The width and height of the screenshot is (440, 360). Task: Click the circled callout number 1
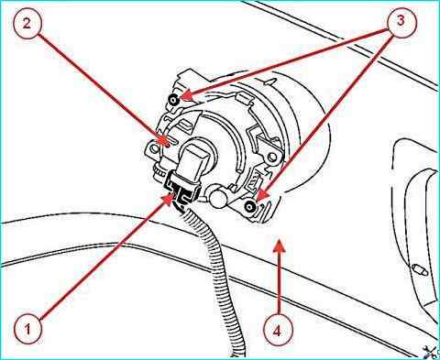pos(27,330)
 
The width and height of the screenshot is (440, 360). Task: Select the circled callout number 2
pos(27,23)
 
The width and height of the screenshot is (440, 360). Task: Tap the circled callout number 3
pos(401,21)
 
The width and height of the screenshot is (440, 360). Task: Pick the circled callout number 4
pos(277,331)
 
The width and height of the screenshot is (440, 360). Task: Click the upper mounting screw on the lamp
pos(175,100)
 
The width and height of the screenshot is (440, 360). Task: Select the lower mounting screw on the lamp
pos(250,207)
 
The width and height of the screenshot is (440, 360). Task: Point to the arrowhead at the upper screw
pos(186,94)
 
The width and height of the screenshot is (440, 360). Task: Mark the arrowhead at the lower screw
pos(262,195)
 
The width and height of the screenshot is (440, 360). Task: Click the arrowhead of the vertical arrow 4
pos(279,245)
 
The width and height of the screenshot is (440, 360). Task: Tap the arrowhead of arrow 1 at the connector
pos(168,199)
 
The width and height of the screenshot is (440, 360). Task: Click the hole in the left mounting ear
pos(154,148)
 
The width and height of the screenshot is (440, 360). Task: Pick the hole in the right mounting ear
pos(271,157)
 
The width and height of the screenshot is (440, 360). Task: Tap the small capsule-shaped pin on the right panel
pos(420,270)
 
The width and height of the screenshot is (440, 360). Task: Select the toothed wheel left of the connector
pos(159,173)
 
